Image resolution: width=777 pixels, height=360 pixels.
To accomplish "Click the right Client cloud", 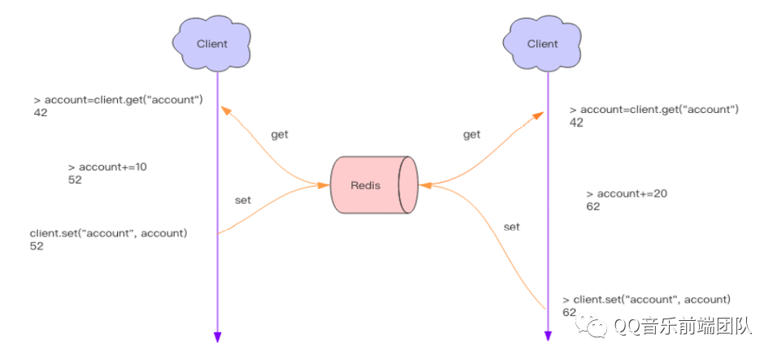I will point(542,43).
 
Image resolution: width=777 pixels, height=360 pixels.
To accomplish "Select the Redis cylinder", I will point(373,184).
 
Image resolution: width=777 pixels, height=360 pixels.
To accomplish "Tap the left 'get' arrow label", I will point(280,134).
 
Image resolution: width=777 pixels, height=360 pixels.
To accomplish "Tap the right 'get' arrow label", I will point(471,135).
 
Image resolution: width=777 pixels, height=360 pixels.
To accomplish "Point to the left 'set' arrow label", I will point(242,199).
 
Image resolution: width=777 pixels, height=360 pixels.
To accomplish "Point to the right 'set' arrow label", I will point(511,227).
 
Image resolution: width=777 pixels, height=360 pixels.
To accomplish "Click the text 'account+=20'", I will point(632,193).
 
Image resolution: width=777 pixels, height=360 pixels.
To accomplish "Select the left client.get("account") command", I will point(123,100).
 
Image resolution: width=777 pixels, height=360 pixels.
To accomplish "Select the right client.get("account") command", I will point(659,110).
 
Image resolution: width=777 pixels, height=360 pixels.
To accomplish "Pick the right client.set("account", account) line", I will point(653,299).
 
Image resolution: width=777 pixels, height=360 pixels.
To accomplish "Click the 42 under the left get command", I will point(40,113).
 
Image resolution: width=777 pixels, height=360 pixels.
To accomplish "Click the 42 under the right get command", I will point(576,123).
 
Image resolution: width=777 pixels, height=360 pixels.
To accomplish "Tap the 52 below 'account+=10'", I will point(75,180).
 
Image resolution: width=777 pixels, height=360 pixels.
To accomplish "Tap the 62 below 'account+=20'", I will point(593,206).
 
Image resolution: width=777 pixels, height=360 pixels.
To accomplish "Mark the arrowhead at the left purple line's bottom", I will point(217,337).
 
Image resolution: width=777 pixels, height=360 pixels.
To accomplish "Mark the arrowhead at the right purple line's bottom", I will point(547,337).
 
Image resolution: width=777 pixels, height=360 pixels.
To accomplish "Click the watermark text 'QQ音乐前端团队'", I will point(683,327).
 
